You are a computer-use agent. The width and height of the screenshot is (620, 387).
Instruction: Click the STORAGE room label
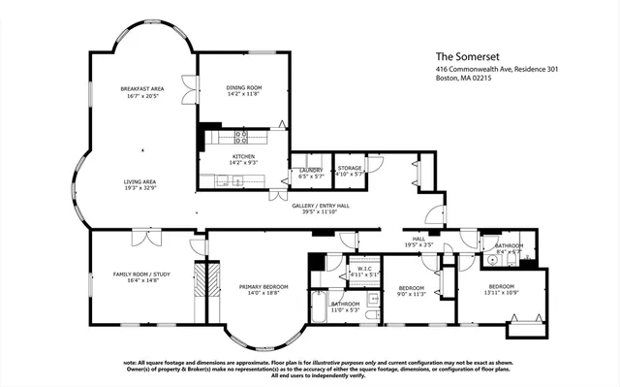349,169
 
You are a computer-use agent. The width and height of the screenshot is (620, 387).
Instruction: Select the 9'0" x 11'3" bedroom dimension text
412,294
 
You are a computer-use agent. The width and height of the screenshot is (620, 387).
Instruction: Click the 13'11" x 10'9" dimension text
501,292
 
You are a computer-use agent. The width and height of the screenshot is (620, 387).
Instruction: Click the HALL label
418,239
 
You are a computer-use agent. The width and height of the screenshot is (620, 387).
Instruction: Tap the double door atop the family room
143,234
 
